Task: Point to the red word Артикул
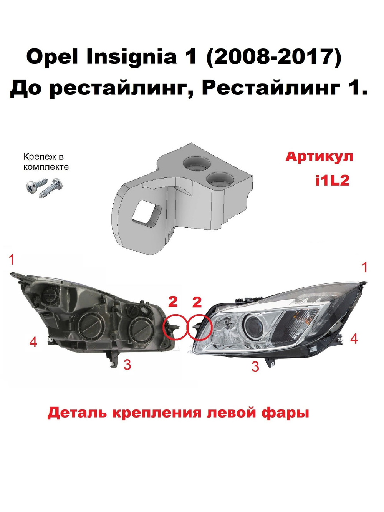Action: [x=319, y=157]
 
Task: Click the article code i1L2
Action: [x=333, y=180]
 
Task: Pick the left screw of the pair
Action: [x=36, y=186]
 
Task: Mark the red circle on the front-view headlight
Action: [x=199, y=327]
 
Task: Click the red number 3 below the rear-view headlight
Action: [x=127, y=365]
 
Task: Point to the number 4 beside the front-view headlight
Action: [x=354, y=338]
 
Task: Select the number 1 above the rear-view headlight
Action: [x=12, y=260]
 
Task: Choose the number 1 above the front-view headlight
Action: [x=365, y=267]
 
